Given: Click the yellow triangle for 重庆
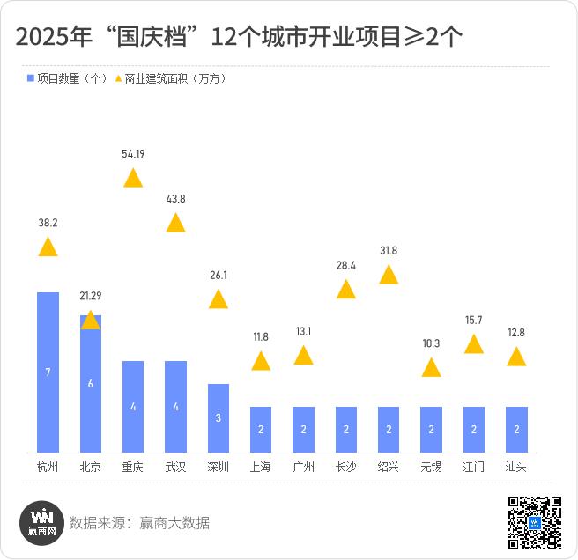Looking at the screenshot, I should click(133, 179).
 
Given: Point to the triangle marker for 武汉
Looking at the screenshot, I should click(176, 223).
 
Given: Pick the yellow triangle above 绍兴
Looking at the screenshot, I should click(389, 276).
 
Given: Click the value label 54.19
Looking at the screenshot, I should click(133, 153).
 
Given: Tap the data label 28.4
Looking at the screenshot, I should click(346, 265).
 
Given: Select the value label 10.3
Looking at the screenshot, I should click(431, 343).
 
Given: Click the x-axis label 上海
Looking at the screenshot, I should click(261, 467).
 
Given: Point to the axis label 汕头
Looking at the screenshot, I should click(516, 467).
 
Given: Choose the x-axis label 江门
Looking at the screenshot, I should click(474, 467).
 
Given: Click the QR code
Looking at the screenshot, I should click(535, 523).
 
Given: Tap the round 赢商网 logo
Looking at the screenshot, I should click(42, 523).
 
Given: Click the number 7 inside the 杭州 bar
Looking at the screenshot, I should click(48, 372).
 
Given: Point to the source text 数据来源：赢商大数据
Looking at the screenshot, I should click(140, 523).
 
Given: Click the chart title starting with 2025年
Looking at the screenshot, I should click(239, 37).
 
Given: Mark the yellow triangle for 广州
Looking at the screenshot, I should click(303, 356).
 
